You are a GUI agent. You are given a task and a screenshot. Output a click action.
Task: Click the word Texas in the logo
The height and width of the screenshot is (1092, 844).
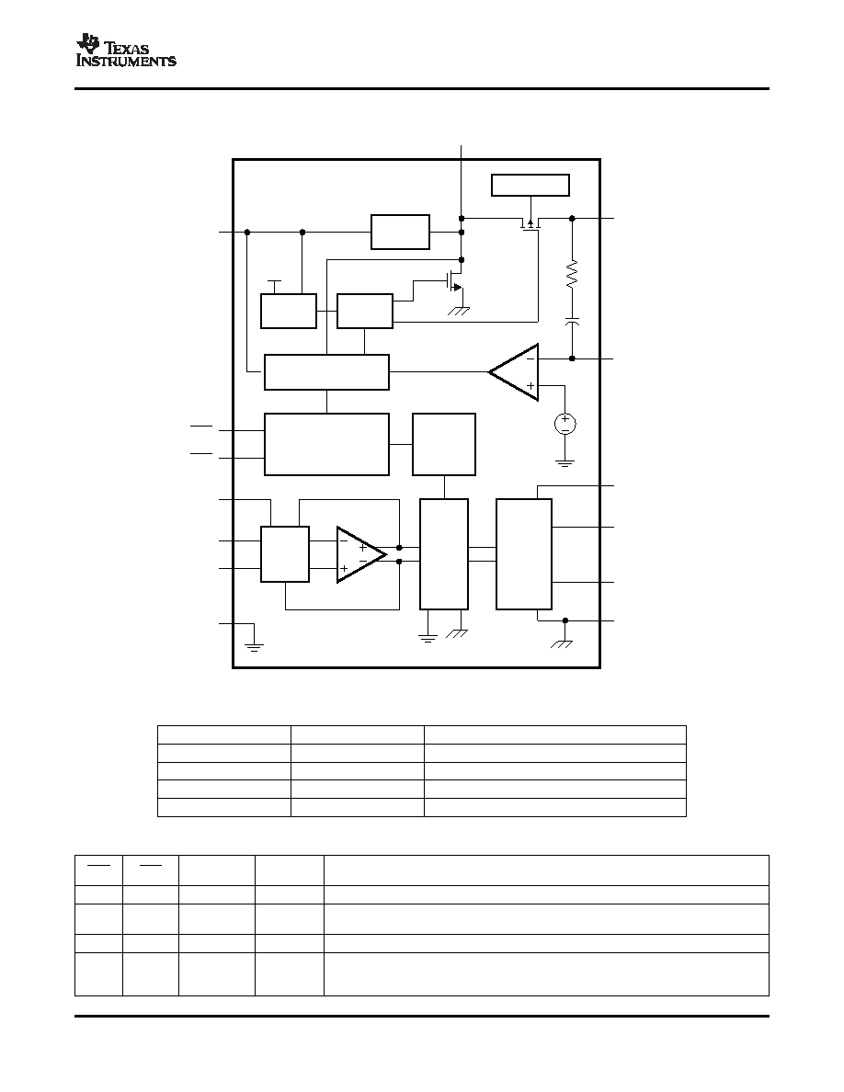[x=127, y=48]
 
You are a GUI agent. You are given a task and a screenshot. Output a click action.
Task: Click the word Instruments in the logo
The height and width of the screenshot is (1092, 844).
[x=126, y=62]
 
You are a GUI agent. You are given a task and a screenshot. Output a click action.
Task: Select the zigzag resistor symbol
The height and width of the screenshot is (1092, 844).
[x=572, y=275]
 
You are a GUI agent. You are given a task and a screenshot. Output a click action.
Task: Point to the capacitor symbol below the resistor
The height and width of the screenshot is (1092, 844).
[x=572, y=322]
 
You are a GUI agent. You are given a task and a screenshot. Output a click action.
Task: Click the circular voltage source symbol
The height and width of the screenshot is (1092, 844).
[x=565, y=424]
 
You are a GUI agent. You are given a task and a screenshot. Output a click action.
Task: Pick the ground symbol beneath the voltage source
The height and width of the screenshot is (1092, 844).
[x=565, y=462]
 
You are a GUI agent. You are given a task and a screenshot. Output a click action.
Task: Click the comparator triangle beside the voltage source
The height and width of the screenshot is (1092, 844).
[x=514, y=372]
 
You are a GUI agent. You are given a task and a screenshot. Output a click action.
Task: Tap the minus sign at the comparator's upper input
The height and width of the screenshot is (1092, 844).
[x=530, y=358]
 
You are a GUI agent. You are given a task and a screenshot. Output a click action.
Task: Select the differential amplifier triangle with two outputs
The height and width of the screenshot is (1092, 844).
[x=361, y=554]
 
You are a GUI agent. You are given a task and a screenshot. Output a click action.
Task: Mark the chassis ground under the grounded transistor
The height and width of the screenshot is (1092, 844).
[x=459, y=312]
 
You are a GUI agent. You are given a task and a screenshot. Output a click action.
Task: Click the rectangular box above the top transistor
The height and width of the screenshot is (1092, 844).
[x=530, y=186]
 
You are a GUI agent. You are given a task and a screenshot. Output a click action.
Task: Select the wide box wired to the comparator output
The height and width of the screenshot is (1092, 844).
[x=326, y=372]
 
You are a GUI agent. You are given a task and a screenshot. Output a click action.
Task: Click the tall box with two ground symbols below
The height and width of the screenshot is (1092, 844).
[x=443, y=553]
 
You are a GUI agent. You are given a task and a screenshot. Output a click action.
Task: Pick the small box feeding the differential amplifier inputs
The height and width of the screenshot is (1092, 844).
[x=285, y=553]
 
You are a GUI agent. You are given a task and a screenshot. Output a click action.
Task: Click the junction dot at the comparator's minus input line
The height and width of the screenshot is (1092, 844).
[x=572, y=358]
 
